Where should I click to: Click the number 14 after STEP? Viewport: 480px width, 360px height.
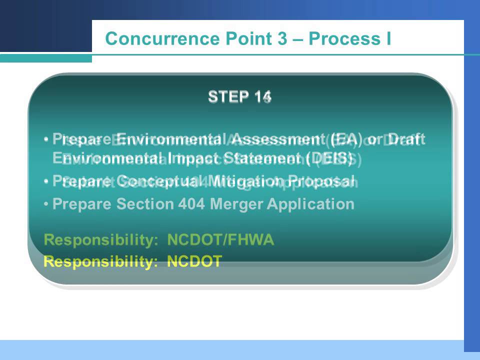tap(262, 96)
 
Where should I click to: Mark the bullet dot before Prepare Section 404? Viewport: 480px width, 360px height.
tap(46, 204)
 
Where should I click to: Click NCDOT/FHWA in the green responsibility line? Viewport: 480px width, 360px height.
tap(220, 240)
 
